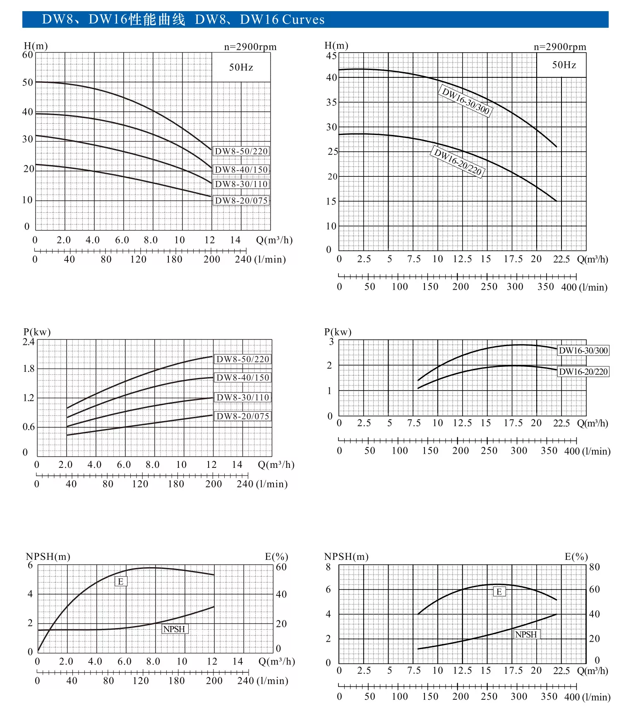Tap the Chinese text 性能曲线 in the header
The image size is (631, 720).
pyautogui.click(x=157, y=19)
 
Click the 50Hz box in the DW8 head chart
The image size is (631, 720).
pyautogui.click(x=241, y=67)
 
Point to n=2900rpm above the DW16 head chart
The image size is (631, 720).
pyautogui.click(x=560, y=47)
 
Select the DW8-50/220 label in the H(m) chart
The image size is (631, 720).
pyautogui.click(x=241, y=151)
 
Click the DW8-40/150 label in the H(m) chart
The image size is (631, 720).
pyautogui.click(x=241, y=169)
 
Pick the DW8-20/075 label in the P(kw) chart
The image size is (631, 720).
pyautogui.click(x=243, y=416)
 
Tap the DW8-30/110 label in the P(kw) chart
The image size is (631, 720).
pyautogui.click(x=243, y=397)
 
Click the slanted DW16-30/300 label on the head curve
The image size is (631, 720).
pyautogui.click(x=465, y=101)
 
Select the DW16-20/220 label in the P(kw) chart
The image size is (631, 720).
pyautogui.click(x=583, y=372)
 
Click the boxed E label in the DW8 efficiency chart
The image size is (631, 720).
pyautogui.click(x=120, y=581)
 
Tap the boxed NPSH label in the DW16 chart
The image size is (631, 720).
pyautogui.click(x=526, y=634)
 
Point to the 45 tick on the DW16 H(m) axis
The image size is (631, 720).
pyautogui.click(x=331, y=55)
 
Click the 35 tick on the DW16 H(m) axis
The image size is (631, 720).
pyautogui.click(x=331, y=102)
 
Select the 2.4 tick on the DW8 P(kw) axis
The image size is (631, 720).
pyautogui.click(x=29, y=342)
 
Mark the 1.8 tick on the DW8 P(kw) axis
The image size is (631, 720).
pyautogui.click(x=29, y=368)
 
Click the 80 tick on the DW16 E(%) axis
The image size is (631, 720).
pyautogui.click(x=594, y=567)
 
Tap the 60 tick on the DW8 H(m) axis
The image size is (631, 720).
pyautogui.click(x=28, y=55)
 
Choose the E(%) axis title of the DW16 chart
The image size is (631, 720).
pyautogui.click(x=576, y=556)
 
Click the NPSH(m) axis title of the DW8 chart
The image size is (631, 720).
pyautogui.click(x=48, y=556)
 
